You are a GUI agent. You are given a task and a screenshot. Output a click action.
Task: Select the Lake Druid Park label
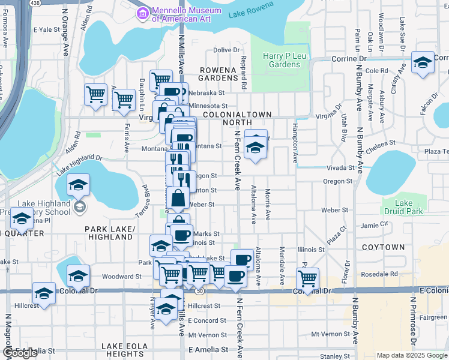point(404,207)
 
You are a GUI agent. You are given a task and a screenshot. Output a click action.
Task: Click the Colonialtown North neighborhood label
point(237,118)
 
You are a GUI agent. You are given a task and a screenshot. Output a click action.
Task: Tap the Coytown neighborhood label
point(383,247)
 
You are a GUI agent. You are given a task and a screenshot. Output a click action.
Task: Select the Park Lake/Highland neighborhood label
point(109,233)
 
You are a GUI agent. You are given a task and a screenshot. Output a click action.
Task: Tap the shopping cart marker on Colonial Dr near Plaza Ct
point(308,278)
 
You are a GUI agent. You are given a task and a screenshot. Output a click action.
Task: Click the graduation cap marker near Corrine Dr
point(423,62)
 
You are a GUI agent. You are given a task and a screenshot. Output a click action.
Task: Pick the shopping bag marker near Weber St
point(179,198)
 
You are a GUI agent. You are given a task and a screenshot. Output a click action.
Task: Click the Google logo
point(20,353)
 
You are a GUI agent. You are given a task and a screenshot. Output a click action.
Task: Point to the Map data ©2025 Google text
point(412,355)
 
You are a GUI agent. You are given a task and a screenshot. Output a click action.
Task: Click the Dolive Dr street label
point(226,50)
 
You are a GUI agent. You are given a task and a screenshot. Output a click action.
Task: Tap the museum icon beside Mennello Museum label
point(143,13)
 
